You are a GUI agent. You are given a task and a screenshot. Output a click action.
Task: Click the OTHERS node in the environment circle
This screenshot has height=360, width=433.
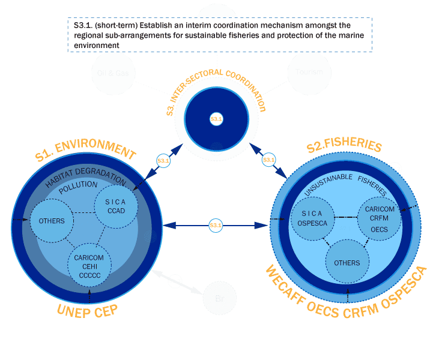tap(52, 220)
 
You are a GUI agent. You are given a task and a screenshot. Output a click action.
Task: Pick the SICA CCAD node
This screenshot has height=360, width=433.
tap(117, 206)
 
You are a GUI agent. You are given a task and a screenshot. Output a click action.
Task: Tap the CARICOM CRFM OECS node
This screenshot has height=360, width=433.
tap(380, 219)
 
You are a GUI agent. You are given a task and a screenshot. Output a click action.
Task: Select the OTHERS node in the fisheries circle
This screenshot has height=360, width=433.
tap(347, 263)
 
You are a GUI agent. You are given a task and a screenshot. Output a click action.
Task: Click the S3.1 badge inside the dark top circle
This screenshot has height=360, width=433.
tap(216, 119)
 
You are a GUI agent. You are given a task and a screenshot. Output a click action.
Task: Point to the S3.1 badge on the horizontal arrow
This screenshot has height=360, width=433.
tap(216, 225)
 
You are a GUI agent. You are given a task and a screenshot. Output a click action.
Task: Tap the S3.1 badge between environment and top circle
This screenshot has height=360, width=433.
tap(163, 161)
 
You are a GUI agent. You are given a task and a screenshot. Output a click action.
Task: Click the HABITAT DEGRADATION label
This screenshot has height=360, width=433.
tap(86, 181)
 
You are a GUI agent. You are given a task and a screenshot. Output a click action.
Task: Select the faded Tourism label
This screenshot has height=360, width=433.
tap(309, 72)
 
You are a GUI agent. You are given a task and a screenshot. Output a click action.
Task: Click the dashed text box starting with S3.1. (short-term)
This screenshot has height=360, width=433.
tap(220, 35)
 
